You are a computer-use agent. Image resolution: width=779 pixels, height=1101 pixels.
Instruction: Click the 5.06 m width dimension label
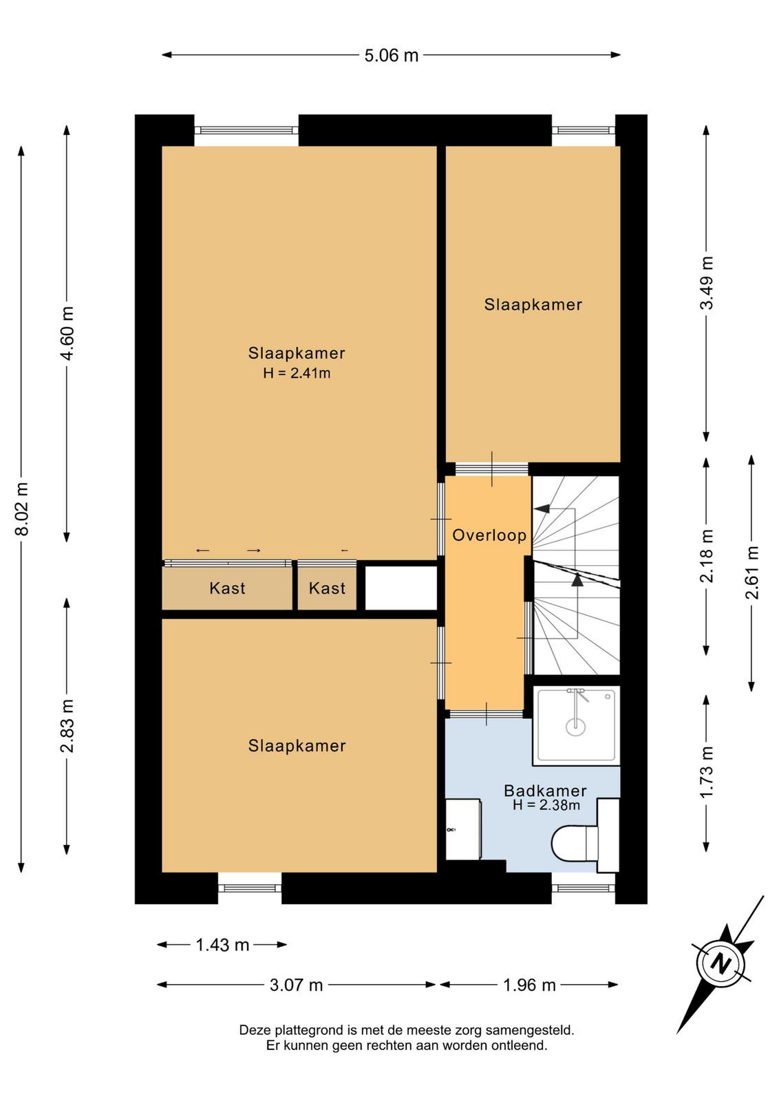click(x=391, y=56)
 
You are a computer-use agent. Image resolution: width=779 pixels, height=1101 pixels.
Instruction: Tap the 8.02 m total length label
click(x=23, y=509)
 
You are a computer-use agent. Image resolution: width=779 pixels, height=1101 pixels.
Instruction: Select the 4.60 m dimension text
click(x=67, y=333)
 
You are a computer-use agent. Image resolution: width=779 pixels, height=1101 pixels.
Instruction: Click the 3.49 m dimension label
click(x=706, y=283)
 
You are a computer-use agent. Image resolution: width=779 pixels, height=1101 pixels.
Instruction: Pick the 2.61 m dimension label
click(x=751, y=573)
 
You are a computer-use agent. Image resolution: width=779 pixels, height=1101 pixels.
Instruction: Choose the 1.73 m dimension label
click(x=706, y=773)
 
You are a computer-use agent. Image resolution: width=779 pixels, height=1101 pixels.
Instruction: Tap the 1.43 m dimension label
click(x=223, y=945)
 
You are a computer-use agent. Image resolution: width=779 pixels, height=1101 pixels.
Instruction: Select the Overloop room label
click(x=489, y=535)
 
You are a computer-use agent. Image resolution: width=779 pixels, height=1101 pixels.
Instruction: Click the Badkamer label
click(x=545, y=791)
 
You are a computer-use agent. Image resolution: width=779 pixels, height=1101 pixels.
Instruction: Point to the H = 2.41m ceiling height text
click(x=297, y=374)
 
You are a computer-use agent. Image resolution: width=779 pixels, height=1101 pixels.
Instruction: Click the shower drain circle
click(x=575, y=726)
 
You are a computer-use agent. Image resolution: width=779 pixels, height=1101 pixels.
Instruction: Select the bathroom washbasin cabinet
click(x=463, y=830)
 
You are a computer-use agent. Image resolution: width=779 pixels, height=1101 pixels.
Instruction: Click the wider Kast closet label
click(x=227, y=588)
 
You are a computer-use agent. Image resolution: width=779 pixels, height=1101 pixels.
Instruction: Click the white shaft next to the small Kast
click(x=401, y=588)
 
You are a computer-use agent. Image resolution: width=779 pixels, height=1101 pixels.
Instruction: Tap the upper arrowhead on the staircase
click(x=542, y=509)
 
